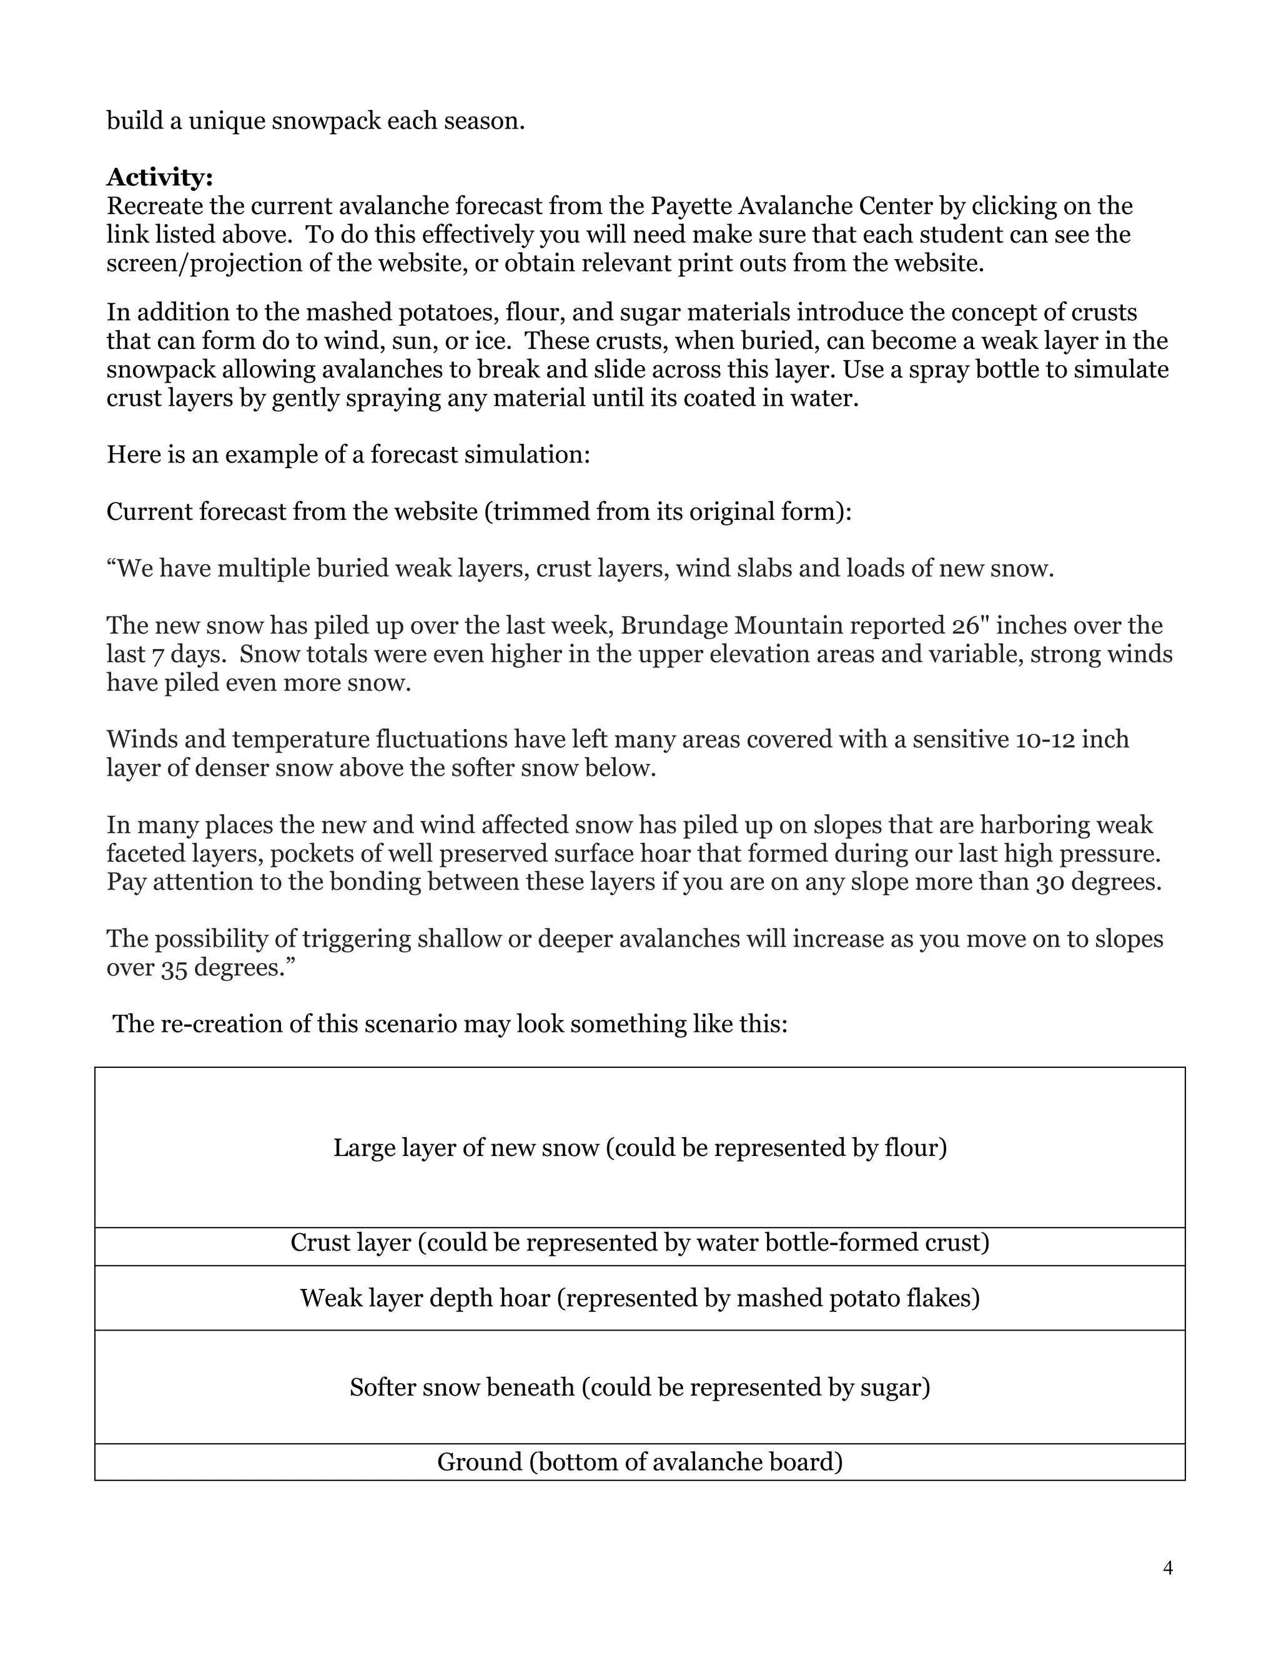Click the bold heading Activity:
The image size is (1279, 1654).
pos(160,177)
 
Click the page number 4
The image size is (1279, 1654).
pos(1168,1568)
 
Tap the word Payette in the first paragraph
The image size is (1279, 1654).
pos(693,206)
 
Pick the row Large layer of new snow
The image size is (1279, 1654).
pos(639,1147)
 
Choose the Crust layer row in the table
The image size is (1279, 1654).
pos(639,1243)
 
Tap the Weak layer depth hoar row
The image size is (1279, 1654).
pos(639,1298)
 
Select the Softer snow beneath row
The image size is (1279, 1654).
pos(639,1387)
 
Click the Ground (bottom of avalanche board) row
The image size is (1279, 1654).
pos(639,1462)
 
